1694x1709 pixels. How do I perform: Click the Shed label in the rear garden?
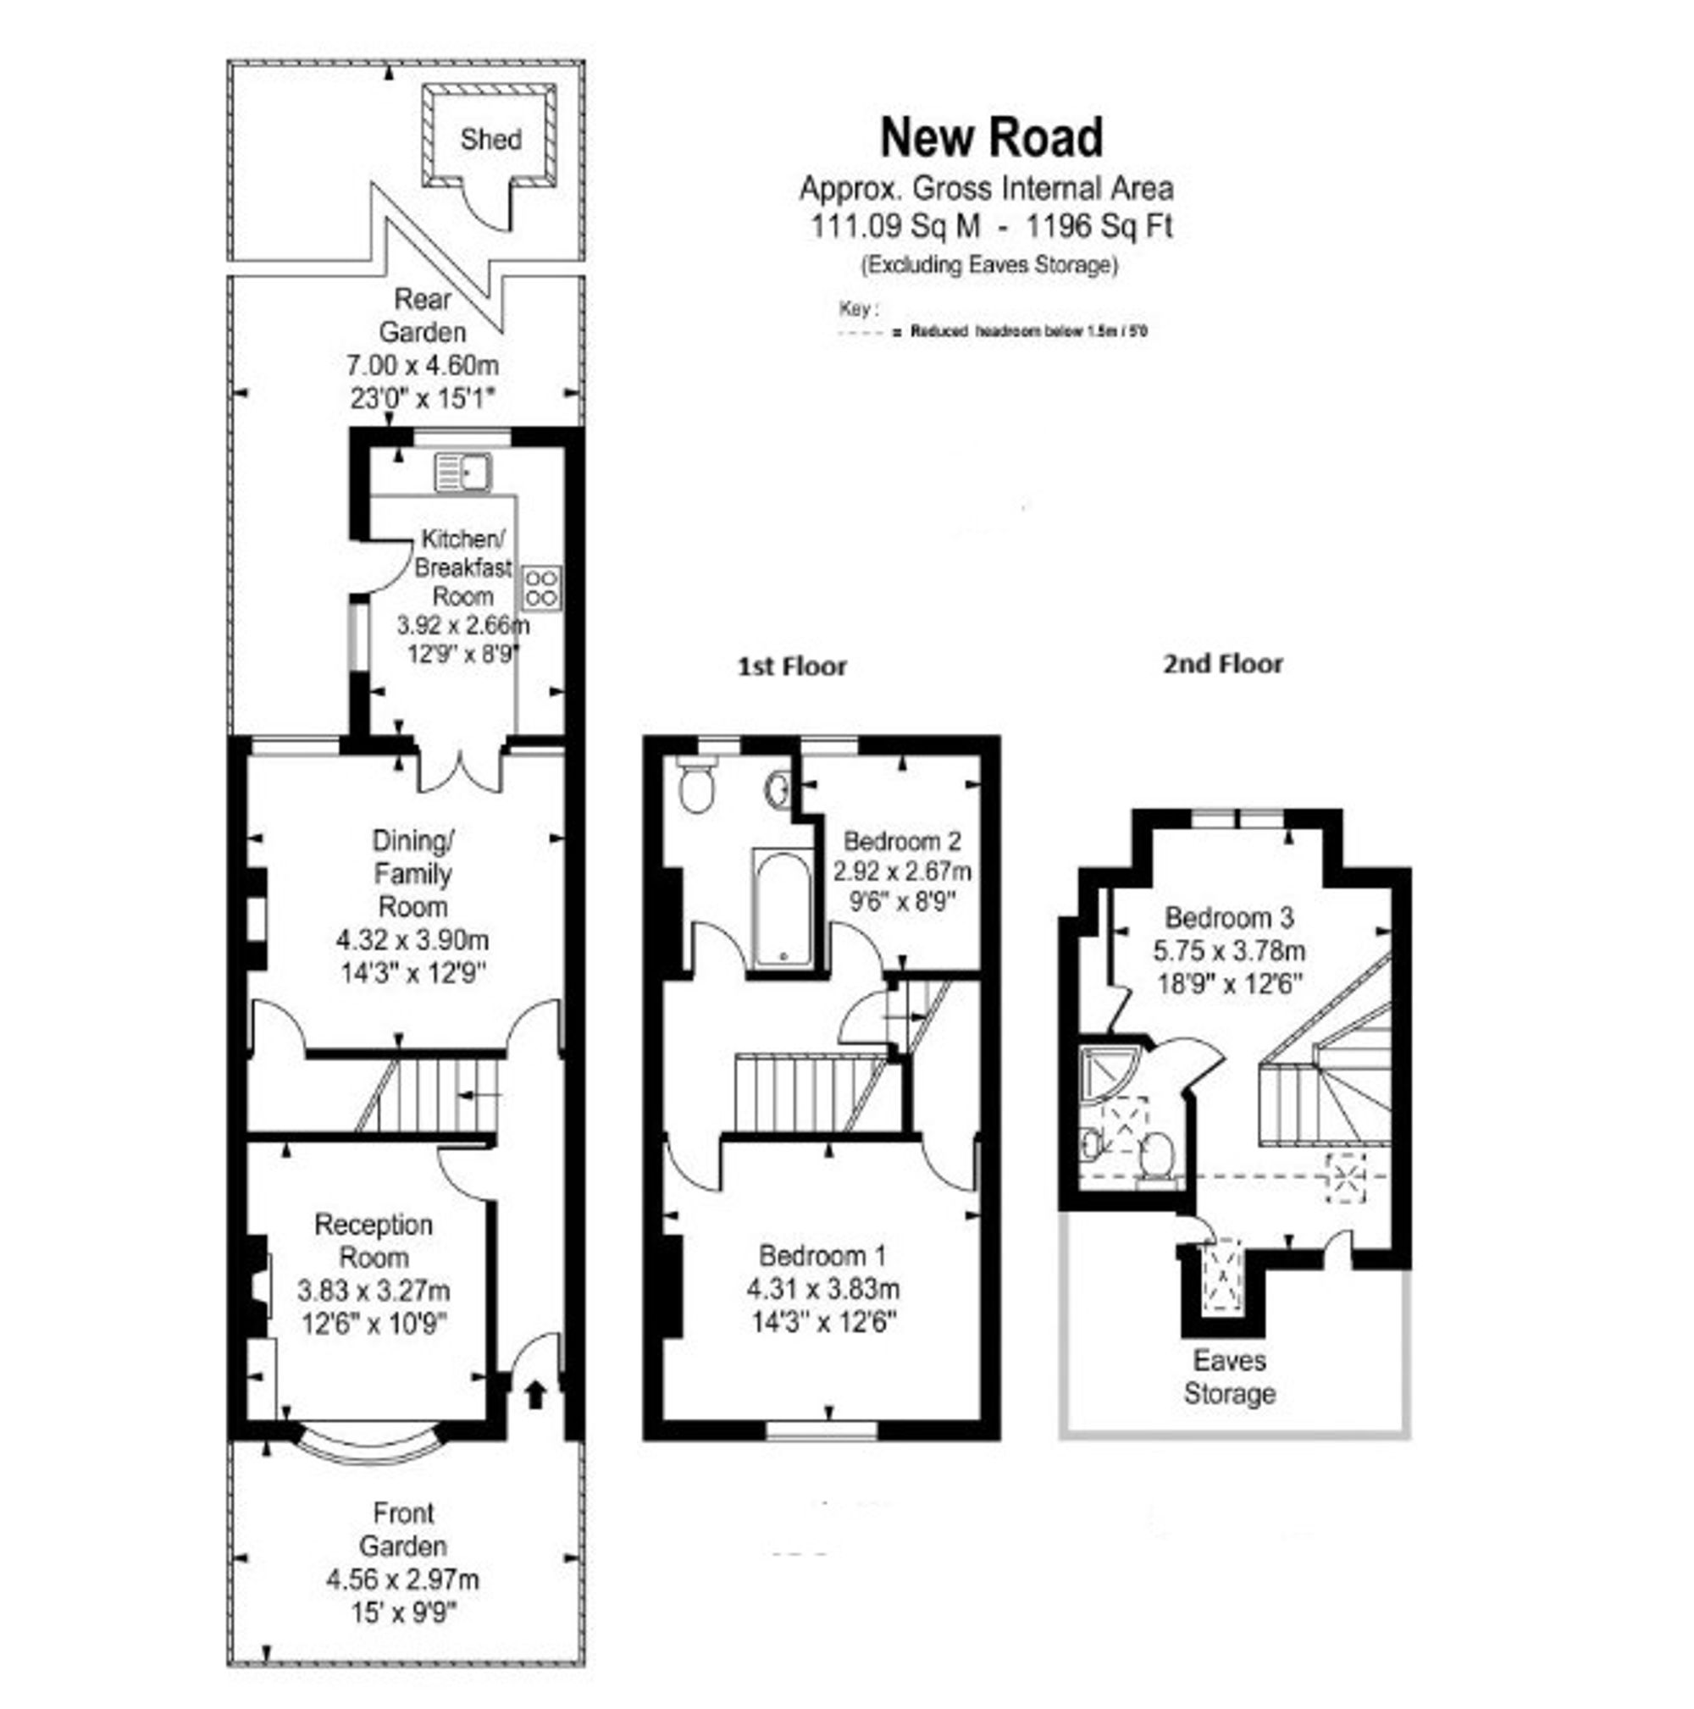[490, 139]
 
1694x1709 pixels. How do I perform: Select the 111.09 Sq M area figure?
[895, 226]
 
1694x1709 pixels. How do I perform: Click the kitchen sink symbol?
[462, 473]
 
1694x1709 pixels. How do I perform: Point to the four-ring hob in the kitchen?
[541, 588]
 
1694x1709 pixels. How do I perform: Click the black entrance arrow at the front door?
[536, 1395]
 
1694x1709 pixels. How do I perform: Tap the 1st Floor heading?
[793, 666]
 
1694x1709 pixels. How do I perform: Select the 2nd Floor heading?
[1222, 663]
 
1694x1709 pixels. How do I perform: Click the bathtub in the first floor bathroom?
[781, 907]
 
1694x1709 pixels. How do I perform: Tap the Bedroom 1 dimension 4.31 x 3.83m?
[822, 1289]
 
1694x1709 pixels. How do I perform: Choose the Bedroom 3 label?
[1229, 917]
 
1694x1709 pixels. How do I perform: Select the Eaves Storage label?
[1230, 1376]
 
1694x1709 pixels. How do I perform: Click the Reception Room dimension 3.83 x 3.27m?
[374, 1291]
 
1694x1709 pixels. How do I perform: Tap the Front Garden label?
[402, 1530]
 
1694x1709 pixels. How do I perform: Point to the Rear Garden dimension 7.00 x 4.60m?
[422, 364]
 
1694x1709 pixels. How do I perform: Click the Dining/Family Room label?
[413, 873]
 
